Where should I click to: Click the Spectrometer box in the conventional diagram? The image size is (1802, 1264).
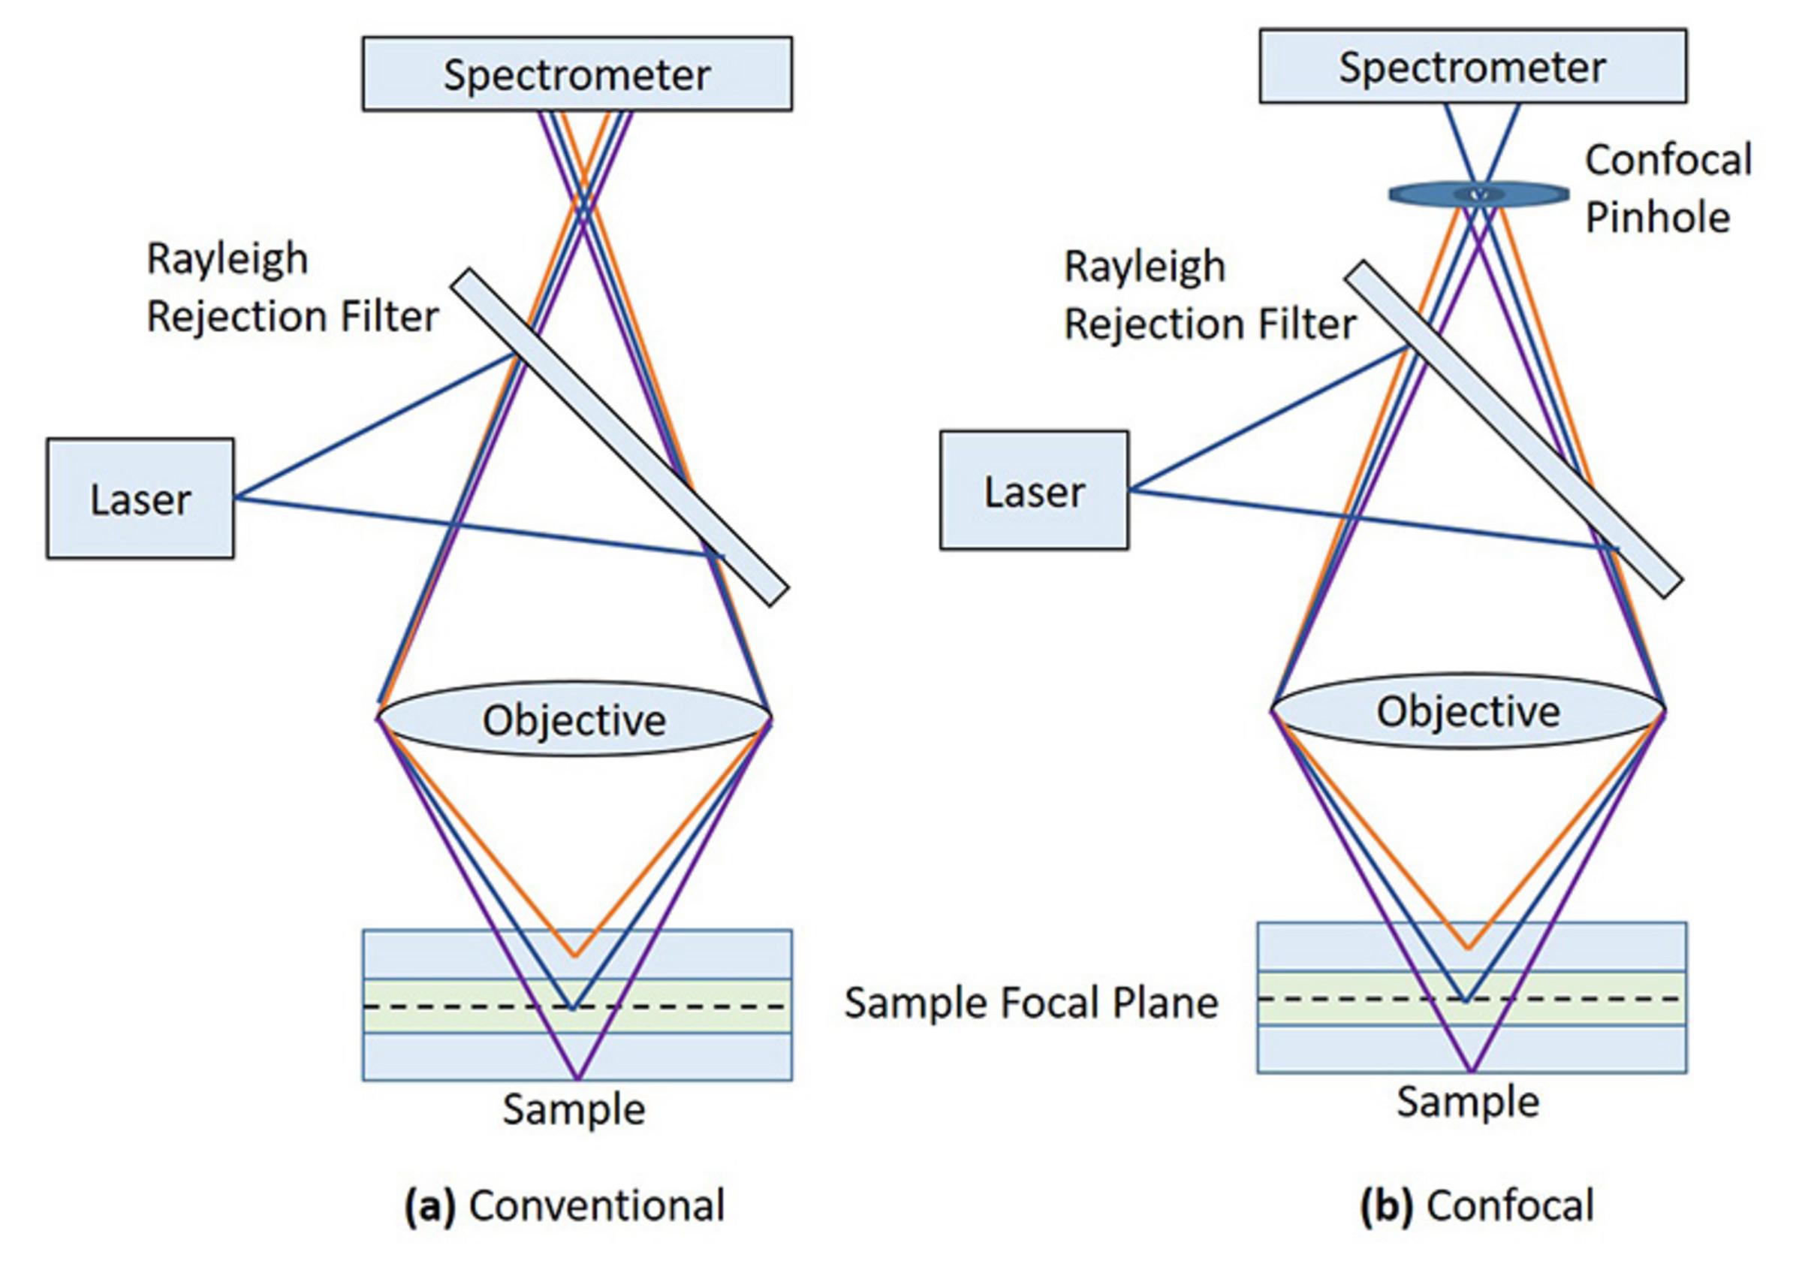(577, 74)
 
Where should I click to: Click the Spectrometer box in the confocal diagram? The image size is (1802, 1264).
(1472, 66)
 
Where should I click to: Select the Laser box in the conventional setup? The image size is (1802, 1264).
(140, 499)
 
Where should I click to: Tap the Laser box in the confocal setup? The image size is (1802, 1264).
(1034, 490)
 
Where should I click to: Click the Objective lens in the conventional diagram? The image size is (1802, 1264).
(574, 719)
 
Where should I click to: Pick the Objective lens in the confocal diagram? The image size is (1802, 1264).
(1468, 711)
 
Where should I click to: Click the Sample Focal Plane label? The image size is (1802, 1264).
(1030, 1003)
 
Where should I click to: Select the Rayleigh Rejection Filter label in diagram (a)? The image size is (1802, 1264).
(292, 288)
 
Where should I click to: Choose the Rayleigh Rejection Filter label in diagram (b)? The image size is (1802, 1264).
(1209, 295)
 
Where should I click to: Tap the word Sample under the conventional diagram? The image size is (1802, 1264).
(574, 1109)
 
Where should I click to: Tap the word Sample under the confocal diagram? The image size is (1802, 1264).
(1468, 1101)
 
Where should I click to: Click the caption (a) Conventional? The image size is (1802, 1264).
(565, 1205)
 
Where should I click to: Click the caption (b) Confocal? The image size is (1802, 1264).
(1476, 1205)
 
